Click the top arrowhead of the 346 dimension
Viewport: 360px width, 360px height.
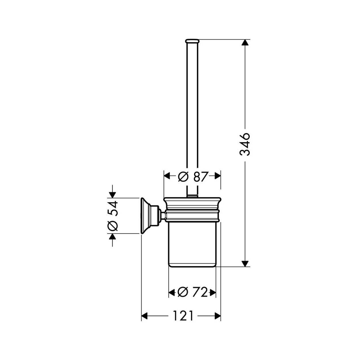245,42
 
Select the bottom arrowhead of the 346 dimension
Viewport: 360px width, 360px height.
245,264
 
